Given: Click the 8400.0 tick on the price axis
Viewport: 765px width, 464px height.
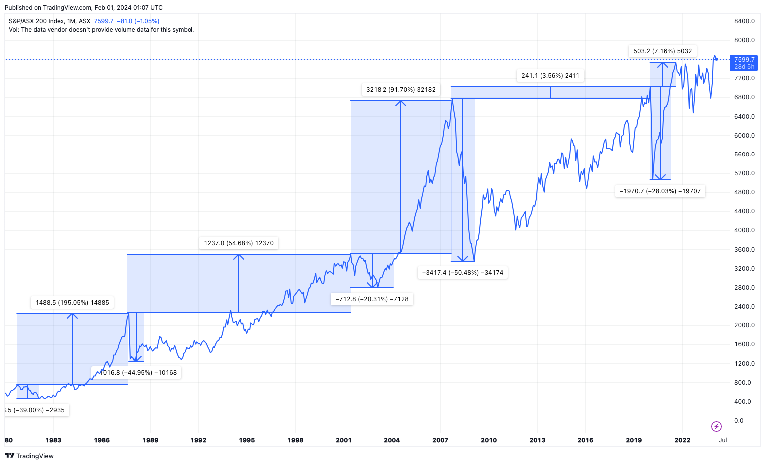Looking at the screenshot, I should [x=744, y=21].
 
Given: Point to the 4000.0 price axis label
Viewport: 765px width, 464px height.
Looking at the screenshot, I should [x=744, y=230].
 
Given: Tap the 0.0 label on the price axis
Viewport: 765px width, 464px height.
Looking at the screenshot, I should [x=739, y=421].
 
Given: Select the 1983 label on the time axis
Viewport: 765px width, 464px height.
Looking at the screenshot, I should [x=53, y=440].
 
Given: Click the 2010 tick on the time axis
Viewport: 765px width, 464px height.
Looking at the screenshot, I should [x=489, y=440].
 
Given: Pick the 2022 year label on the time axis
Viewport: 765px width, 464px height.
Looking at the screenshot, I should [x=682, y=440].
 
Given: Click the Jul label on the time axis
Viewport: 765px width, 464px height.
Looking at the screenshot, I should [x=723, y=440].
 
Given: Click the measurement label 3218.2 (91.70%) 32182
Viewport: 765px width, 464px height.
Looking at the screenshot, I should [x=401, y=90].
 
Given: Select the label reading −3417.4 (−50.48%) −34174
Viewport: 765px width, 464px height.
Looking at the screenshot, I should [x=463, y=273].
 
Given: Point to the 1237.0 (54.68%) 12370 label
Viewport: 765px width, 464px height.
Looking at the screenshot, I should [x=239, y=243].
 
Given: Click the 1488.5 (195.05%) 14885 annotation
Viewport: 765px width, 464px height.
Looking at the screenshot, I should [x=72, y=303].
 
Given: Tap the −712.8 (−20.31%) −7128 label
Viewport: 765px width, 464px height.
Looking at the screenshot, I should [x=372, y=299].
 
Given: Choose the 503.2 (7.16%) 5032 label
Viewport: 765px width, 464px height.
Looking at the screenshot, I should [x=663, y=51].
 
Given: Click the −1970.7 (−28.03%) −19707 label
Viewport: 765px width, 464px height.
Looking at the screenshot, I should [x=660, y=191].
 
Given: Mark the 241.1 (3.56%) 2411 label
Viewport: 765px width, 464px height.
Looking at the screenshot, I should [x=551, y=76].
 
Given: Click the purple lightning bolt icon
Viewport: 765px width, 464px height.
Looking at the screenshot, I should [x=716, y=426].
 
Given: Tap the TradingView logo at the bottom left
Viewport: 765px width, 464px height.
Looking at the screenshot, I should [x=29, y=456].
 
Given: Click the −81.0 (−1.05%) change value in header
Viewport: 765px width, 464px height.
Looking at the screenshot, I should [x=138, y=21].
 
